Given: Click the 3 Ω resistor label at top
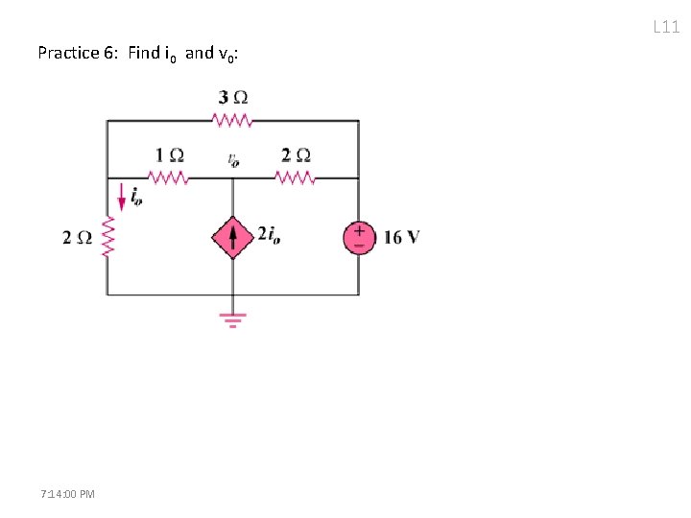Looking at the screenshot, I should pyautogui.click(x=233, y=98).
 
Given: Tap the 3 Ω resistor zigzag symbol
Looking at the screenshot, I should pyautogui.click(x=232, y=121).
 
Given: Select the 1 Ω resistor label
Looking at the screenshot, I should pyautogui.click(x=170, y=155).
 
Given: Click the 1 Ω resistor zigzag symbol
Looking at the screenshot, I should pyautogui.click(x=169, y=177).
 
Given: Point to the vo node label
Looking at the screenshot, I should pyautogui.click(x=233, y=160).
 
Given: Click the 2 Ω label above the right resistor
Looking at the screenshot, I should pyautogui.click(x=296, y=155).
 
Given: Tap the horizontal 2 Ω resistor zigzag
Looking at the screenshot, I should pyautogui.click(x=295, y=177).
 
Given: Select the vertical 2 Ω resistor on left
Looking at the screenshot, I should pyautogui.click(x=107, y=236).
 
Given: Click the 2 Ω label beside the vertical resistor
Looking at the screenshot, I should pyautogui.click(x=78, y=238).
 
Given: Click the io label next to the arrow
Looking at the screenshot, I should pyautogui.click(x=136, y=198).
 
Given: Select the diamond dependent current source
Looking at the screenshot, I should pyautogui.click(x=232, y=237).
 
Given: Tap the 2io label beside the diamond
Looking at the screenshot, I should pyautogui.click(x=269, y=236).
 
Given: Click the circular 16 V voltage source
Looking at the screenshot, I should pyautogui.click(x=359, y=237).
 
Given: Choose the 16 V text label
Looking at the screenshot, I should pyautogui.click(x=401, y=237).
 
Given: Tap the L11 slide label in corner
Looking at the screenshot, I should pyautogui.click(x=666, y=27).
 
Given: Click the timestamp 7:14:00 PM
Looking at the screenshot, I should pyautogui.click(x=68, y=493).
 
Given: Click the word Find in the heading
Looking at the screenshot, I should pyautogui.click(x=143, y=53).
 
